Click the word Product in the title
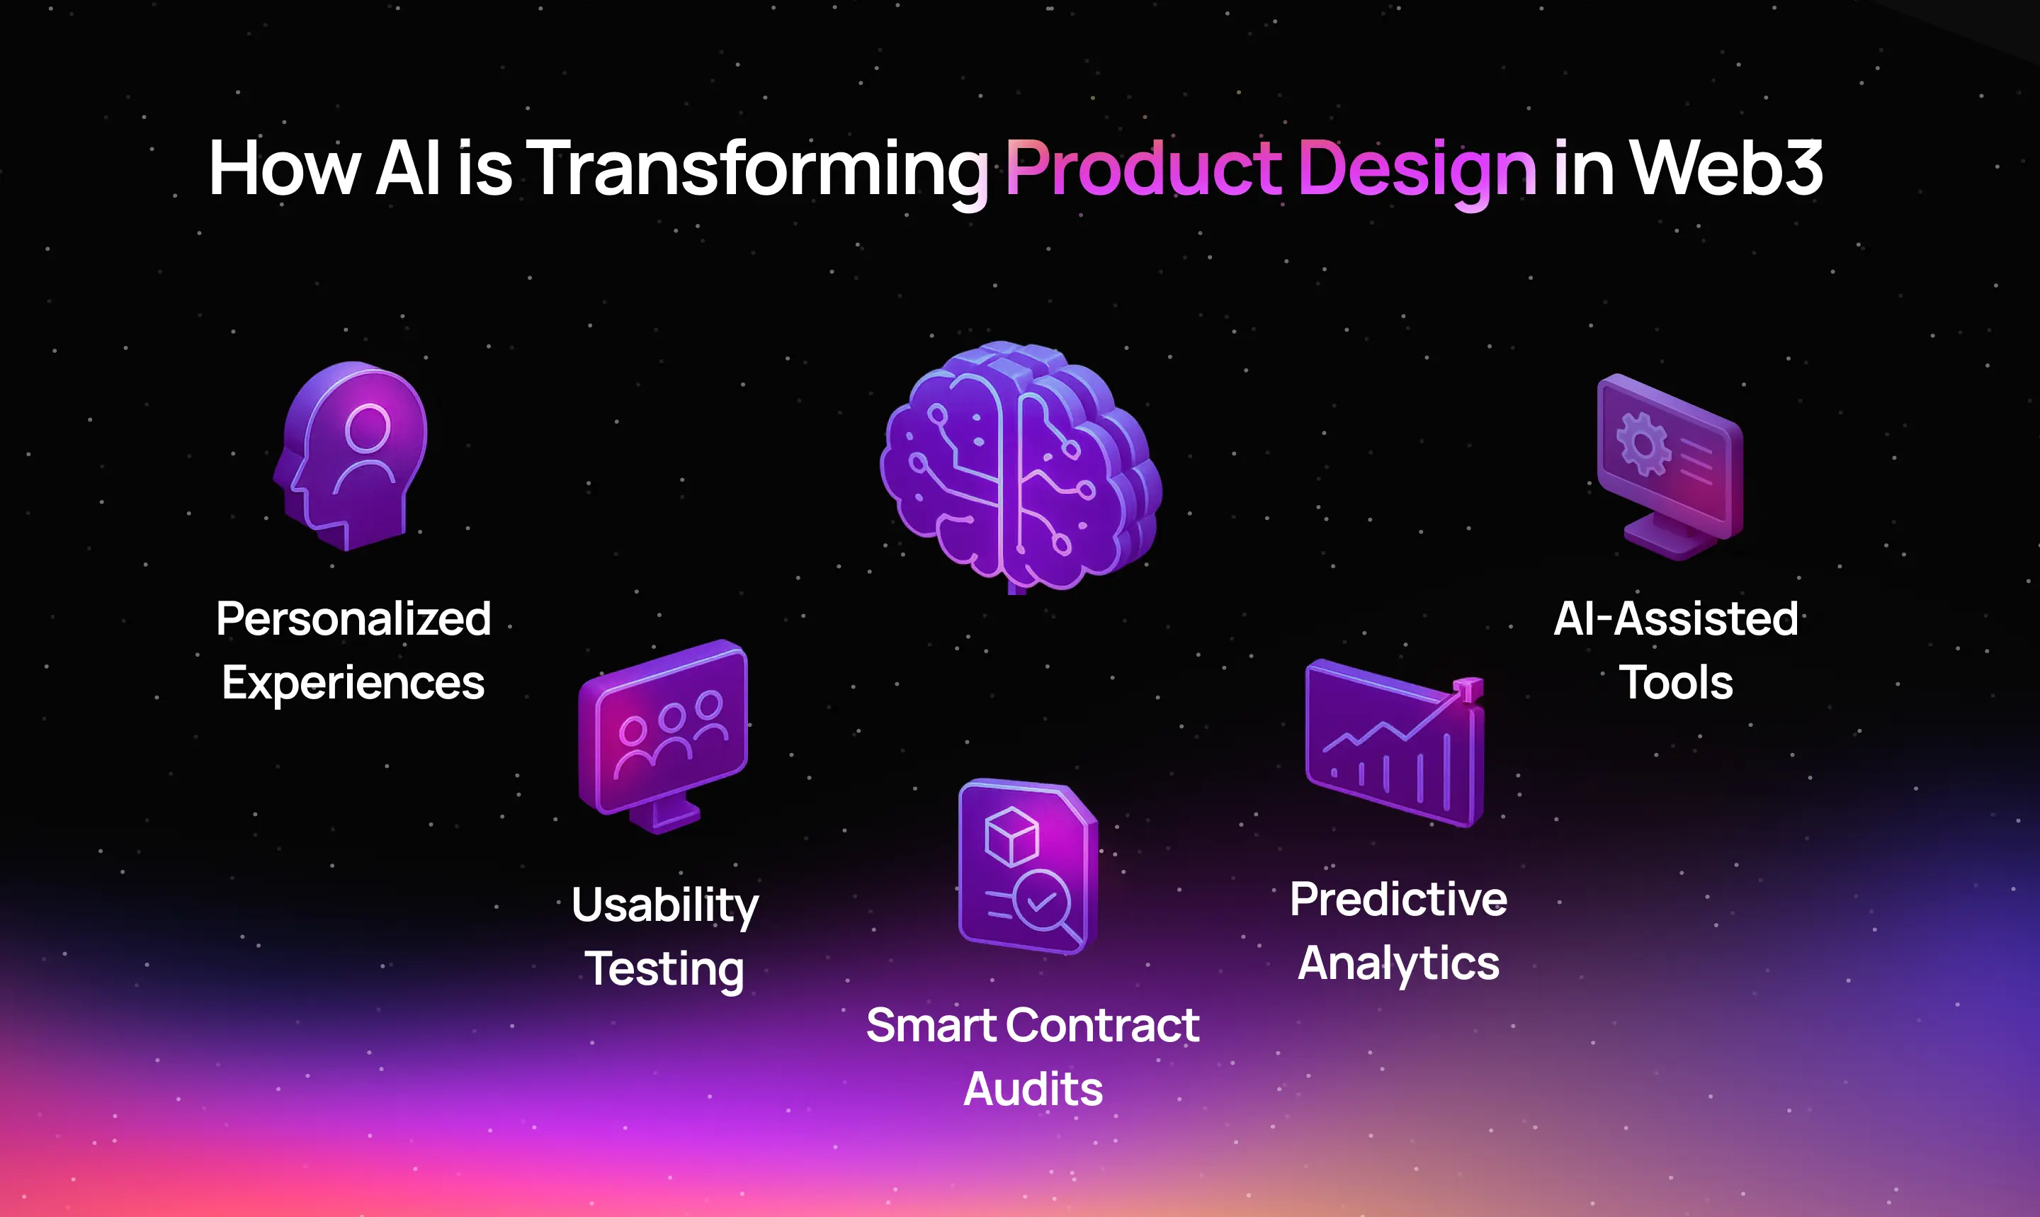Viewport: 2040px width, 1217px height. [x=1143, y=168]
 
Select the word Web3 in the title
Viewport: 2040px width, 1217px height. [x=1726, y=168]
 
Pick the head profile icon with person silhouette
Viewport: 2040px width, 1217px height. [x=350, y=456]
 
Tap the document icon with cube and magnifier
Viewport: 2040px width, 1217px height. [x=1027, y=867]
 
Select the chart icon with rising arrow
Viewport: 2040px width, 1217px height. [x=1394, y=743]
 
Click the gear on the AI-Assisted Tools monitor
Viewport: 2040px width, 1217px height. [x=1643, y=443]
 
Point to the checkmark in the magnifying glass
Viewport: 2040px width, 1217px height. [x=1041, y=901]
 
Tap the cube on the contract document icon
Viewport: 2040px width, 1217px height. [x=1011, y=836]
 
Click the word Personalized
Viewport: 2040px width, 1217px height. [x=353, y=618]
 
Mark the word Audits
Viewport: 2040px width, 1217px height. [x=1033, y=1089]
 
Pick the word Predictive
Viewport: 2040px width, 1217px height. [x=1399, y=899]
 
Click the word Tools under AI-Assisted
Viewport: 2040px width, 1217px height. [x=1676, y=682]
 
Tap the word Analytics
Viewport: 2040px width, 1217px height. [x=1399, y=964]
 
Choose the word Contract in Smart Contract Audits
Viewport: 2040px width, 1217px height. [x=1103, y=1025]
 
